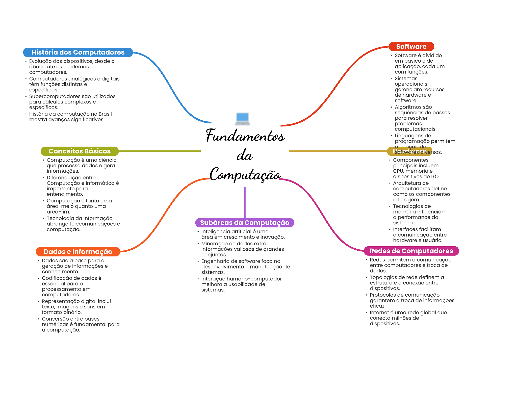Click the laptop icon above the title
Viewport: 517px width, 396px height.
click(x=242, y=119)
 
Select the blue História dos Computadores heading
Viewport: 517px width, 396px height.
click(x=78, y=52)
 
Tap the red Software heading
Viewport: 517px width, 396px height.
click(x=411, y=47)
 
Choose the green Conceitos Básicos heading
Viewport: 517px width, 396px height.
click(x=80, y=151)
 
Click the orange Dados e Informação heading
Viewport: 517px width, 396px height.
click(x=78, y=252)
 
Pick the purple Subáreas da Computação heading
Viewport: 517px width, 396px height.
click(x=244, y=223)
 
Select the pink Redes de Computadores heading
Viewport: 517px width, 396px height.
click(x=411, y=251)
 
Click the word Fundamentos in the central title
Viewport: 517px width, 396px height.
click(x=245, y=136)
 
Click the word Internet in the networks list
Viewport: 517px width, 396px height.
click(x=379, y=312)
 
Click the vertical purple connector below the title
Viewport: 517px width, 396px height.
click(x=245, y=202)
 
